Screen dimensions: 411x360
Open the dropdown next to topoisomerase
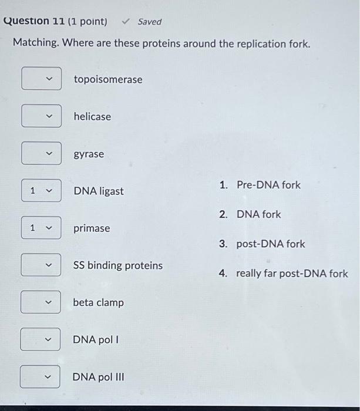pos(41,79)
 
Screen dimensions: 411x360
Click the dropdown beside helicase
pos(41,116)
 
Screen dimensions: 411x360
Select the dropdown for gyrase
pos(41,154)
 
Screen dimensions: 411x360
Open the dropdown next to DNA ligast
pos(41,191)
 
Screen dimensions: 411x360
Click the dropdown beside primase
pos(41,228)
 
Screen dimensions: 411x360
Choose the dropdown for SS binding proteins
pos(41,265)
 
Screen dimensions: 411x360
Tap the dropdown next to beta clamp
pos(41,302)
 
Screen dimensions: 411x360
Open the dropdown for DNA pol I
pos(41,339)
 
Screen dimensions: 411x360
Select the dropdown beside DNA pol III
pos(40,376)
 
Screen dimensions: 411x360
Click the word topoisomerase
pos(107,79)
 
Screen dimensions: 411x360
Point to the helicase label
pos(92,116)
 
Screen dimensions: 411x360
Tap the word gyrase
pos(89,154)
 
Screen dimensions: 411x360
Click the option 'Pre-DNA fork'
pos(268,185)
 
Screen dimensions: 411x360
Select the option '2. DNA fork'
pos(258,214)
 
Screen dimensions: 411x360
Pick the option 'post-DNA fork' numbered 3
pos(270,244)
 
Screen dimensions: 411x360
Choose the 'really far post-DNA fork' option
pos(291,274)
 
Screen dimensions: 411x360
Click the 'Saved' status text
pos(149,22)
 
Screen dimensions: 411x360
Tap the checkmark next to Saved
pos(126,22)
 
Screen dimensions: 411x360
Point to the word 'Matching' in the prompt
pos(35,43)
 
